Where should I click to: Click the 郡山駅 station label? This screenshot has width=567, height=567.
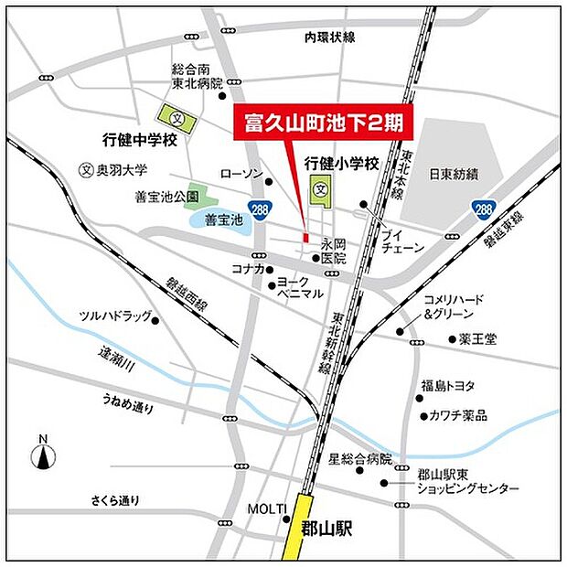(x=326, y=529)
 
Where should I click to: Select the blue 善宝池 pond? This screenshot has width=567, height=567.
(x=219, y=219)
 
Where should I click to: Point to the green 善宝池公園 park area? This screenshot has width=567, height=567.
(x=202, y=195)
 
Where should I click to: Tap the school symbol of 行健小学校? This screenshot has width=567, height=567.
(x=321, y=191)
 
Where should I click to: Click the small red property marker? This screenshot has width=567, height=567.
(x=305, y=237)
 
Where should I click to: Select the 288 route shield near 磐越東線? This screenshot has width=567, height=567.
(x=483, y=209)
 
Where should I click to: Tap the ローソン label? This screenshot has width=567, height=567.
(x=241, y=174)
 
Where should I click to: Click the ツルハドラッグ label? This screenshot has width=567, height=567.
(x=115, y=316)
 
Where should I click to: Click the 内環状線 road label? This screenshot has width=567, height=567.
(x=330, y=37)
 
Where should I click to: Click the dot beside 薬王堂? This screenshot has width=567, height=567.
(x=452, y=339)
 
